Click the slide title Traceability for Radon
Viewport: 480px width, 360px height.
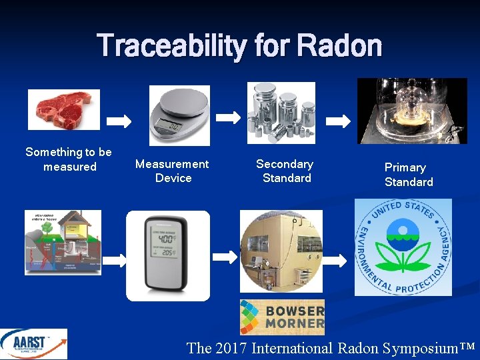239,47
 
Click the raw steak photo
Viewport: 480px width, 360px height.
64,109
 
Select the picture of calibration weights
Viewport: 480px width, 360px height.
281,113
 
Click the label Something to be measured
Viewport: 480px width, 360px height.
69,159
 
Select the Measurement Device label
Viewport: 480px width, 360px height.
172,171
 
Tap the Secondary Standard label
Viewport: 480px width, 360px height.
285,171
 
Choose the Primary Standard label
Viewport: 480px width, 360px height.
408,175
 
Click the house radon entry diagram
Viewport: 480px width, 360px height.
63,242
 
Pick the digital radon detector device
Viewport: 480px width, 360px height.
168,256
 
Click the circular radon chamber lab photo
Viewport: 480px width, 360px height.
281,251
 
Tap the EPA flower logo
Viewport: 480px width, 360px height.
402,247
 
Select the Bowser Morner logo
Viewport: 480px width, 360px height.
282,317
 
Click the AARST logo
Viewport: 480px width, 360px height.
33,344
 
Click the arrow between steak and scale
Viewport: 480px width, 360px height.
120,122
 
